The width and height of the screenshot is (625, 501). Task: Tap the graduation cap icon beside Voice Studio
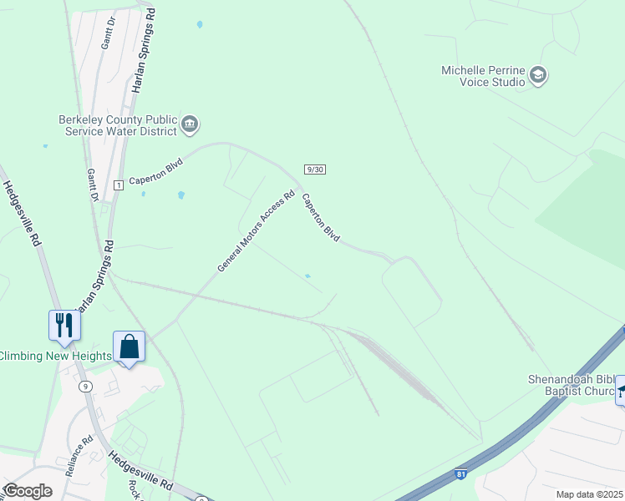click(538, 76)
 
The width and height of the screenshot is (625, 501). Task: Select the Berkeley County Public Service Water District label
click(118, 125)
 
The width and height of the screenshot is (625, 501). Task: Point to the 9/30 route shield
click(314, 169)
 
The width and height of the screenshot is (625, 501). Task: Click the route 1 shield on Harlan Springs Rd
click(119, 185)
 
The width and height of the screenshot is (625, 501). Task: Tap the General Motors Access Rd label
click(257, 232)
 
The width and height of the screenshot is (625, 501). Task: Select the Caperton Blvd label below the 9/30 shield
click(321, 218)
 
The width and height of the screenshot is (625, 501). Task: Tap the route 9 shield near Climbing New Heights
click(85, 386)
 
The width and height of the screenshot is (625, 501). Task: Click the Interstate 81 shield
click(461, 474)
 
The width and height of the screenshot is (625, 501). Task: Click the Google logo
click(28, 491)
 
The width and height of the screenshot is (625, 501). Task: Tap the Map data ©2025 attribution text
click(589, 494)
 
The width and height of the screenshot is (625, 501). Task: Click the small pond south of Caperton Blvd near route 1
click(181, 195)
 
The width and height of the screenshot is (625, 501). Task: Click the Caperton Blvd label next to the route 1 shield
click(155, 173)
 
